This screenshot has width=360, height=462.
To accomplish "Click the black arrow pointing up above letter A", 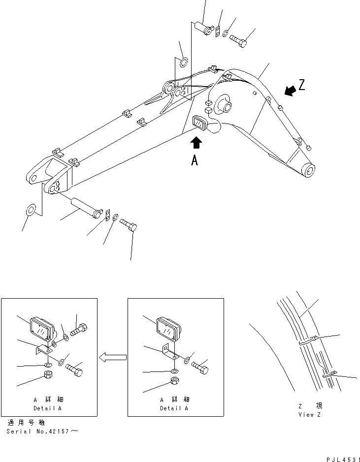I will [x=196, y=143].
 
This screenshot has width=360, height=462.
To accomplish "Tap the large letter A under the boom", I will [x=195, y=160].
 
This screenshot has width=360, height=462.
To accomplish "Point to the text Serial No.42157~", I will [x=42, y=431].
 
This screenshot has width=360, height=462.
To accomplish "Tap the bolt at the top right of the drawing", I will [x=239, y=41].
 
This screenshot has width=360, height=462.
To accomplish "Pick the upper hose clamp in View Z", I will [x=308, y=339].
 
